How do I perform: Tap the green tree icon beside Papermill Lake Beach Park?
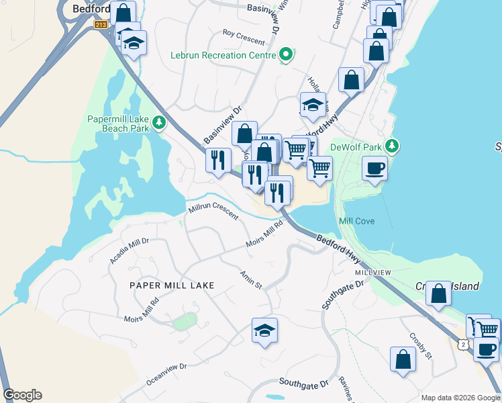(x=159, y=122)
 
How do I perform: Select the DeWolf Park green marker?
(x=393, y=146)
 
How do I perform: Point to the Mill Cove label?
(x=357, y=221)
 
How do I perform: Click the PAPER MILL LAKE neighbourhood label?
(x=172, y=285)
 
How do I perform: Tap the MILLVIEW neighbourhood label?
(x=373, y=273)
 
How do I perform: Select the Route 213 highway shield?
(x=101, y=25)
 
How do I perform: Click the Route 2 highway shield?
(x=463, y=344)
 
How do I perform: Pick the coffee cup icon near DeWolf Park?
(x=374, y=168)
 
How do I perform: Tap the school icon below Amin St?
(x=265, y=330)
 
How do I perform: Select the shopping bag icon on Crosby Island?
(x=438, y=294)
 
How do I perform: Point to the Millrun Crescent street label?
(x=213, y=212)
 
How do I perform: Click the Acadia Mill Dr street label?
(x=130, y=250)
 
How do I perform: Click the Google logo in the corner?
(x=22, y=395)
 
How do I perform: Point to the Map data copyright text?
(x=460, y=398)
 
